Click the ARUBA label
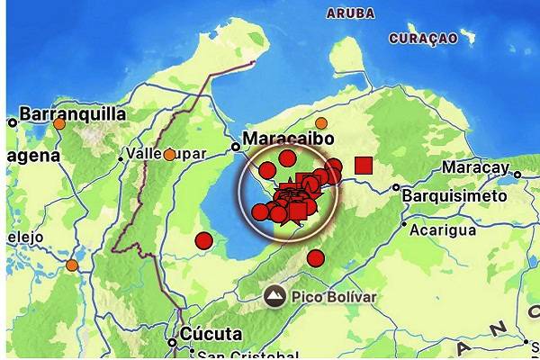(351, 13)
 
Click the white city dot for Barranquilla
(13, 122)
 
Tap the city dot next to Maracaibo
(235, 145)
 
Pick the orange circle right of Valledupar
(169, 155)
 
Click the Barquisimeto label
(454, 194)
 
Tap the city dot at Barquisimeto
(396, 188)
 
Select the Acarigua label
(442, 229)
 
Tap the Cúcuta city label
(211, 334)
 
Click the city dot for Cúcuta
(172, 342)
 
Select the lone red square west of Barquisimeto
(364, 165)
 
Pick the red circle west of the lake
(203, 240)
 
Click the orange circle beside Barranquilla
(59, 124)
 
